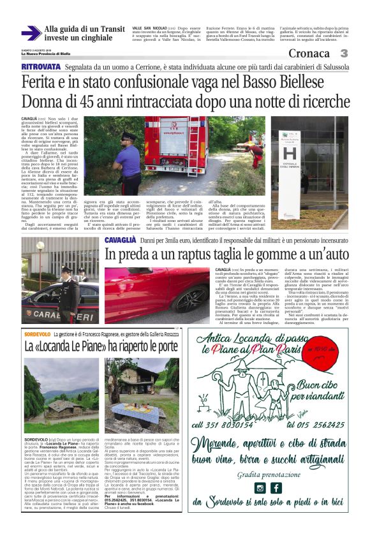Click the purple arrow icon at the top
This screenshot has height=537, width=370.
[x=31, y=34]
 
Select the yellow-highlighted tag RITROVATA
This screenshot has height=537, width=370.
[x=41, y=67]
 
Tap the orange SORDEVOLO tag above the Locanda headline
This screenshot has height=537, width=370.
[x=38, y=334]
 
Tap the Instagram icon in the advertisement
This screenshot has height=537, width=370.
[x=260, y=489]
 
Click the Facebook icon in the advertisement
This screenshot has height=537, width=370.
[x=276, y=489]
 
